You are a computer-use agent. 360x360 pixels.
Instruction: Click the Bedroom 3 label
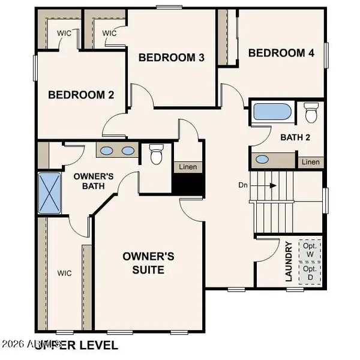coord(172,58)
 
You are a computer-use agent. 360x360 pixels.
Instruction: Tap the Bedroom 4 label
coord(281,53)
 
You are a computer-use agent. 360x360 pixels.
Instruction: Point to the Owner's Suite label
coord(148,263)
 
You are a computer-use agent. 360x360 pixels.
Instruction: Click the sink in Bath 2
coord(262,160)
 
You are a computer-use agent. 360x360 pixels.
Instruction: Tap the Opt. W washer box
coord(310,251)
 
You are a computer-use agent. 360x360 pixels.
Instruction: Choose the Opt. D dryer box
coord(310,274)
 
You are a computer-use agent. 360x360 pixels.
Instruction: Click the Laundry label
coord(289,261)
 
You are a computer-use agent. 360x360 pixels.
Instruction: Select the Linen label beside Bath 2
coord(310,161)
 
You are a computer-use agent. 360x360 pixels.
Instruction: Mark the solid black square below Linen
coord(188,184)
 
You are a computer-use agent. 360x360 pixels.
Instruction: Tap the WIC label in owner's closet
coord(64,273)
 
